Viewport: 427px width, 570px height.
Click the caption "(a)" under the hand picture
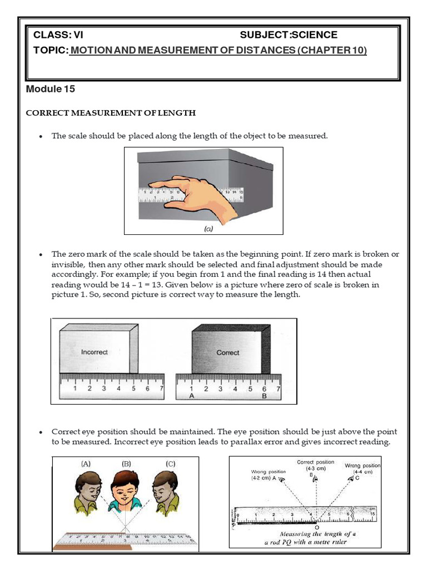pos(203,228)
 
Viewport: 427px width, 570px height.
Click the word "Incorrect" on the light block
pos(94,352)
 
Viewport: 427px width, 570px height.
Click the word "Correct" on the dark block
pos(228,353)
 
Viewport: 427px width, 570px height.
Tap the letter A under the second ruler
pos(192,396)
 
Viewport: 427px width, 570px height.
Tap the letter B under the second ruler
pos(264,396)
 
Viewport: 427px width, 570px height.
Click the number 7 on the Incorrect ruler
pos(161,389)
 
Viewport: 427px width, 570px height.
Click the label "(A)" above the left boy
pos(86,463)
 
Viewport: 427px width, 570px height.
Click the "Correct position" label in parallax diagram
pos(316,462)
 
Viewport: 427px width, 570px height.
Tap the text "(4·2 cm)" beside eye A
pos(261,478)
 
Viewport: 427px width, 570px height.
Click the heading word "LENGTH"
pos(177,113)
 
